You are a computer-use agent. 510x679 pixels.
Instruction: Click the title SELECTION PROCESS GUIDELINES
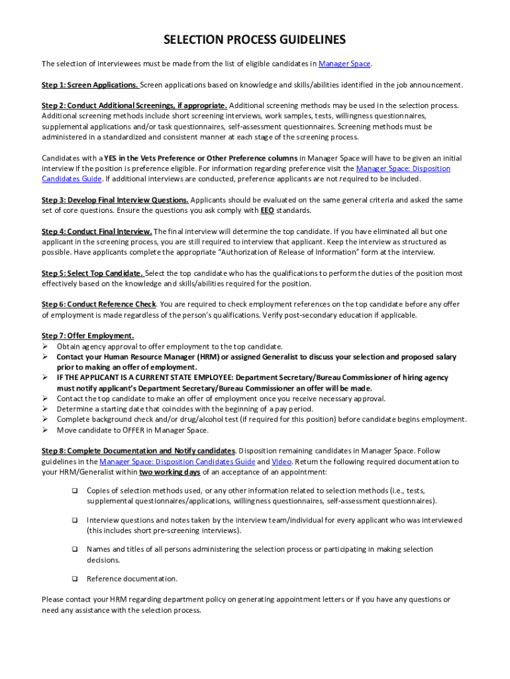pos(254,40)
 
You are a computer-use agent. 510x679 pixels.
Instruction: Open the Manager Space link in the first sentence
pos(344,64)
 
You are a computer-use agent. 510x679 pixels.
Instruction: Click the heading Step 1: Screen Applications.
pos(90,85)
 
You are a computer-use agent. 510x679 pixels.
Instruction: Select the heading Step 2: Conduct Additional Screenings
pos(134,105)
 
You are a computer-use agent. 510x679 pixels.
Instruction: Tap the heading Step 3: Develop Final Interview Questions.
pos(115,200)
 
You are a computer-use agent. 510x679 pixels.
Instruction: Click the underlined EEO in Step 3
pos(267,211)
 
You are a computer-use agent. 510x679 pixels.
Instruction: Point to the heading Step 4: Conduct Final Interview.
pos(97,231)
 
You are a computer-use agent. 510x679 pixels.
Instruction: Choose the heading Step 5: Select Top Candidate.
pos(92,273)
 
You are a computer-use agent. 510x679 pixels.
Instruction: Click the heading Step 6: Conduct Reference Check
pos(99,304)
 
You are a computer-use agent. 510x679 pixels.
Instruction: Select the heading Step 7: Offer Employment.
pos(87,336)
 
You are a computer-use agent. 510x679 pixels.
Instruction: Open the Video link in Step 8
pos(281,462)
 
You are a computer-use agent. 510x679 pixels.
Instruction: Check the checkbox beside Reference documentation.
pos(74,579)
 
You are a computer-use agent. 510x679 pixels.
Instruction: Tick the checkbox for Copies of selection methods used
pos(74,491)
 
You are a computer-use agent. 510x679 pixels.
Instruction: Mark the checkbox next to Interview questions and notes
pos(74,521)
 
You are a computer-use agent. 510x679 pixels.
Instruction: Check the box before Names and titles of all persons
pos(74,550)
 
